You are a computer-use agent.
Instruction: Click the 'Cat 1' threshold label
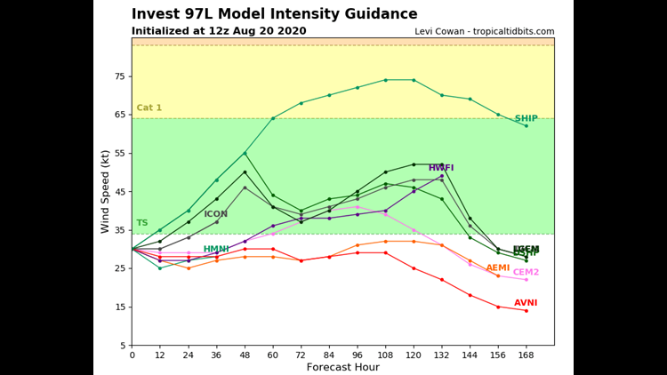(149, 108)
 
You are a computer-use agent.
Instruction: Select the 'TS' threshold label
(142, 223)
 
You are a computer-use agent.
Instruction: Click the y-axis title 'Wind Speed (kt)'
(105, 191)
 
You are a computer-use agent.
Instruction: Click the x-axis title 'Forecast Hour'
(342, 367)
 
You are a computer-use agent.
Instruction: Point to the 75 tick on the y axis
(119, 76)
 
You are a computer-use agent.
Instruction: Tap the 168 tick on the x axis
(526, 355)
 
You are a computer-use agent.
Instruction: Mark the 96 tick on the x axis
(357, 355)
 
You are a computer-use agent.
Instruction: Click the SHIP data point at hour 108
(385, 80)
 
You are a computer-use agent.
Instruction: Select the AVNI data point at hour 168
(526, 310)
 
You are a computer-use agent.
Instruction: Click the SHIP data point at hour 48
(245, 153)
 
